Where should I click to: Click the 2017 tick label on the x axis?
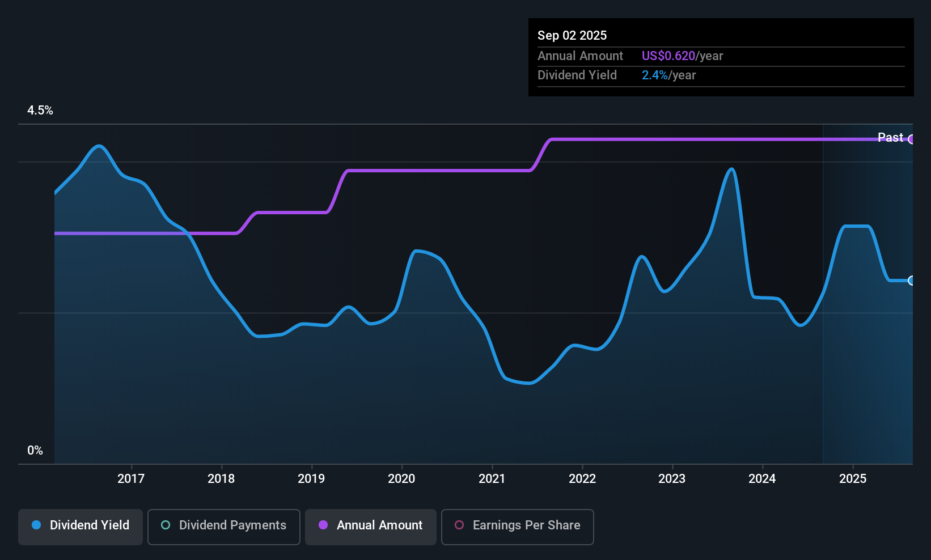(x=131, y=479)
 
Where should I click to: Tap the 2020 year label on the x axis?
(x=401, y=479)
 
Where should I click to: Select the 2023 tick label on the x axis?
(x=672, y=479)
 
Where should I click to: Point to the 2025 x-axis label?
(x=853, y=479)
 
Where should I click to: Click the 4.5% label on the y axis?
(x=40, y=111)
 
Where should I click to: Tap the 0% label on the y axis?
(x=35, y=451)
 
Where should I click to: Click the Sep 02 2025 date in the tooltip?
(x=572, y=36)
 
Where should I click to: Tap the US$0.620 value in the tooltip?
(x=668, y=56)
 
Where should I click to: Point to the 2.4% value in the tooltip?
(x=655, y=75)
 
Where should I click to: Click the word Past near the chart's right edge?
(x=890, y=138)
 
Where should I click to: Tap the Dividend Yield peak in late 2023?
(x=732, y=169)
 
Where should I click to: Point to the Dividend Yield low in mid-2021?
(x=528, y=383)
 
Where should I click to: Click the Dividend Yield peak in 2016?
(x=100, y=146)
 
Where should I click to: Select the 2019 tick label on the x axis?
(x=311, y=479)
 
